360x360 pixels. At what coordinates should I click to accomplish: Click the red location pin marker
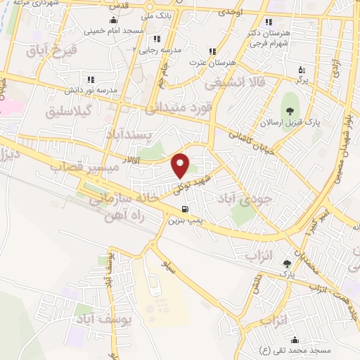181,165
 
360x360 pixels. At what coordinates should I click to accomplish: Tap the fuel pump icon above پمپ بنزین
185,208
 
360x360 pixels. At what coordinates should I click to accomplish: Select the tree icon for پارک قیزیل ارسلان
288,109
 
